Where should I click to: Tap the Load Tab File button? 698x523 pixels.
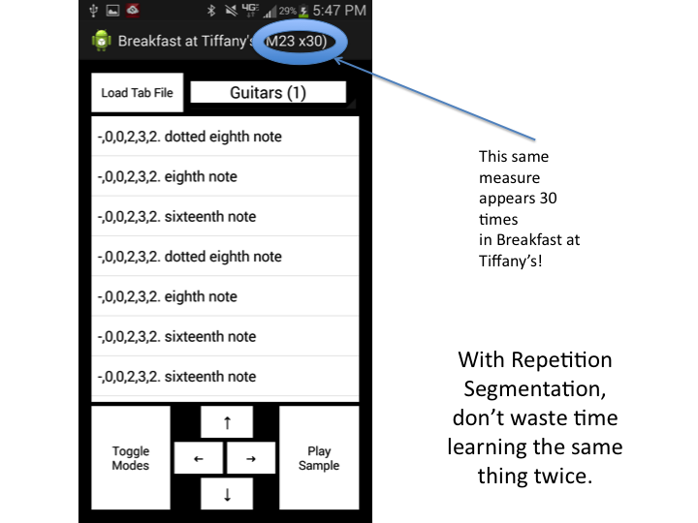click(137, 93)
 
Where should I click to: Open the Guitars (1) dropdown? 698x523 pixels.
click(269, 92)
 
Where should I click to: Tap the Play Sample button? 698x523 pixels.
click(319, 458)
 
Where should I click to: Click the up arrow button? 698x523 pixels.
click(227, 422)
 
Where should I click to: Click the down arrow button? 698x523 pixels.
click(227, 494)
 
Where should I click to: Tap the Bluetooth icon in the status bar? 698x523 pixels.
click(210, 12)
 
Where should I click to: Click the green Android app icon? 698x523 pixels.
click(100, 42)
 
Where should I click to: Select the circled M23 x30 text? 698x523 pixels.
click(296, 42)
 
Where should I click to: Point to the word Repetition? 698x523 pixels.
click(575, 360)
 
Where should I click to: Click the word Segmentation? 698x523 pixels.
click(534, 389)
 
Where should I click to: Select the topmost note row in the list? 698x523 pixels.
click(225, 137)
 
